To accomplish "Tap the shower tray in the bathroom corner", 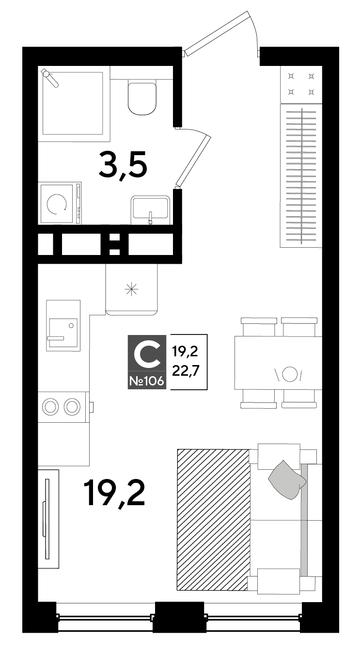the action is point(73,103).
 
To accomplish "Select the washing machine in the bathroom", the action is point(61,203).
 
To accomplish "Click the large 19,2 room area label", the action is point(114,494).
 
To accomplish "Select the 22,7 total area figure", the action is point(185,371).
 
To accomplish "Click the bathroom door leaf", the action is point(193,160).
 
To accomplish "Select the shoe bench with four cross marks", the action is point(301,84).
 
